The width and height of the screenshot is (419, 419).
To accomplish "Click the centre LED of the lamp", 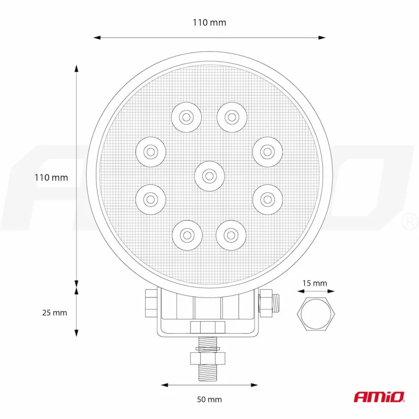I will [209, 175].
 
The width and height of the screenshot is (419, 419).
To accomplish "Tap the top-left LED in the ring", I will [186, 116].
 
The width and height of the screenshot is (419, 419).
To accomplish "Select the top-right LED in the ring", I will [231, 116].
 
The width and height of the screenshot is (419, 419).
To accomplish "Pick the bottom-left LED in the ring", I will [186, 235].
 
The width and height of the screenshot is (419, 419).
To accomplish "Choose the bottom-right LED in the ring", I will [231, 235].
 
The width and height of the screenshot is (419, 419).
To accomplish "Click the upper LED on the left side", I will [150, 152].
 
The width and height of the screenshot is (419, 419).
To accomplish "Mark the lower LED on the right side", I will [268, 199].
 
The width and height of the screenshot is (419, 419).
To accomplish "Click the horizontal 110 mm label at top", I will [209, 23].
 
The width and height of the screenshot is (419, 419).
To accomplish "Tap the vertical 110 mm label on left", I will [51, 178].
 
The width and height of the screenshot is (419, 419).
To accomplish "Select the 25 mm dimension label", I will [54, 313].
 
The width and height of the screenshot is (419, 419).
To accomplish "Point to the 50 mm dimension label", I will [209, 400].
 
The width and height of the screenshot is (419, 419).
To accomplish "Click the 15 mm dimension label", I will [315, 283].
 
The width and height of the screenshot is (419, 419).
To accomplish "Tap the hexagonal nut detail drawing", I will [316, 314].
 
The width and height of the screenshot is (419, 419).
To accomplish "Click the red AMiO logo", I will [379, 397].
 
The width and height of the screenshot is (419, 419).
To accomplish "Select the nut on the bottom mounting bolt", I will [208, 358].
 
